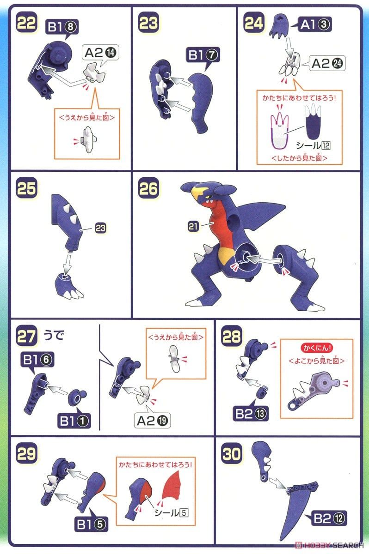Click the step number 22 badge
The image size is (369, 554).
(26, 23)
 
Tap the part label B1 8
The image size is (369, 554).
(62, 27)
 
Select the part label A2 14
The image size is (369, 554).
(100, 53)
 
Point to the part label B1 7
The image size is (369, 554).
(203, 54)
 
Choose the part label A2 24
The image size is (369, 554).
(327, 63)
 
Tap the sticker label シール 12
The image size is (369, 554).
(313, 145)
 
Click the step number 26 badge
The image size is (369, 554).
(148, 188)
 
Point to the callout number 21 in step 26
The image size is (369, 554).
(193, 227)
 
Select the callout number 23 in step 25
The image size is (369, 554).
(100, 228)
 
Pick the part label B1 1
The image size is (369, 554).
(74, 421)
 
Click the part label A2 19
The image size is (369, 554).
(152, 421)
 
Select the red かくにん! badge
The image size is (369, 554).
(317, 348)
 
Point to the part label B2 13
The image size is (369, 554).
(251, 413)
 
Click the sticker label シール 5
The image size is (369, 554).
(171, 513)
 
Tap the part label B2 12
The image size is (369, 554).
(329, 518)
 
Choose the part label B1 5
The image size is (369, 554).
(91, 524)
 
